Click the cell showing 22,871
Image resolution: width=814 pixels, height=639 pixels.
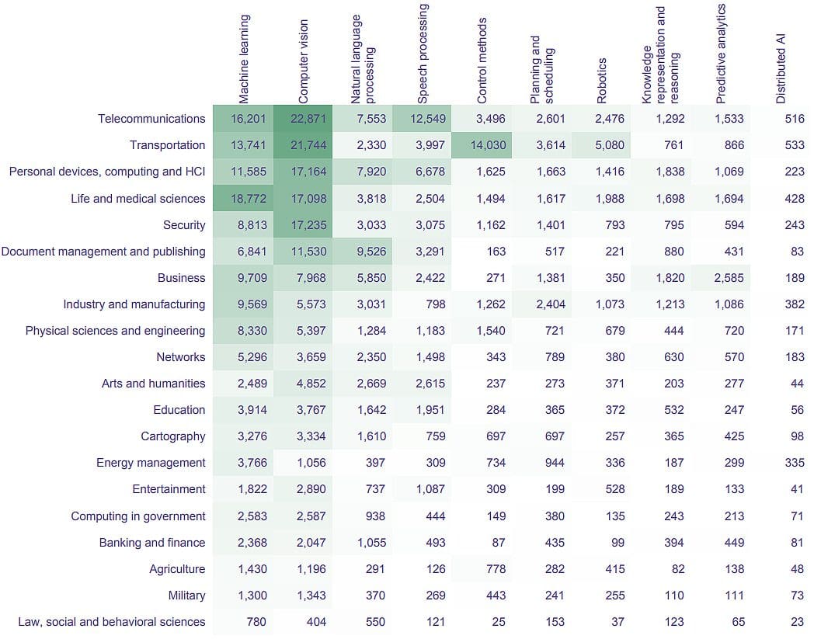[x=311, y=119]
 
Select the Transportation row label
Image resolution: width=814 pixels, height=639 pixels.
[x=167, y=145]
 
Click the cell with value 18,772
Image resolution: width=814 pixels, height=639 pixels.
[x=249, y=198]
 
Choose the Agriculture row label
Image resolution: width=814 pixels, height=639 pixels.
[x=177, y=569]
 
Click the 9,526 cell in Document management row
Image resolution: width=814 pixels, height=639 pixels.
[x=370, y=252]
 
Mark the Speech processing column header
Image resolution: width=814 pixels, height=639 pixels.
[x=423, y=54]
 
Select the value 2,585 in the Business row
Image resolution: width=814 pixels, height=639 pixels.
[x=729, y=278]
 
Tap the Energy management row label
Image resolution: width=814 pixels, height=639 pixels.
[x=151, y=463]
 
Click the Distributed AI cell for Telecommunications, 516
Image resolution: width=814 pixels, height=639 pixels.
[x=794, y=119]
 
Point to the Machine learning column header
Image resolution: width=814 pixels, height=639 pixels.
[x=245, y=59]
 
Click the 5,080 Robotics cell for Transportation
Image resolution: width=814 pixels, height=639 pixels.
[x=610, y=145]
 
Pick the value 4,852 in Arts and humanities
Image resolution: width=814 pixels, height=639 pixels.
[x=311, y=384]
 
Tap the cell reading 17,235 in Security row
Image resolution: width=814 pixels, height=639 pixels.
[x=311, y=225]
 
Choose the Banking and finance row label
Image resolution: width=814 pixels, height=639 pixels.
[x=152, y=543]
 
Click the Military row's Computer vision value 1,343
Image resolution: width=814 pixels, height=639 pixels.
[x=311, y=596]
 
